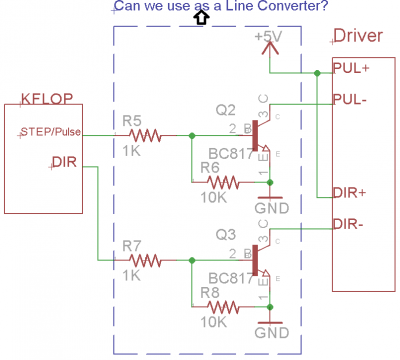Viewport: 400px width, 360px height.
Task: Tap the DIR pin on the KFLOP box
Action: click(x=61, y=160)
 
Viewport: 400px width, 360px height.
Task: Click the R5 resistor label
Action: click(x=131, y=119)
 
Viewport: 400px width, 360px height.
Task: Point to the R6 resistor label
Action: click(x=211, y=167)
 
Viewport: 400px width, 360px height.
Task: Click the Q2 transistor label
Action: click(x=225, y=109)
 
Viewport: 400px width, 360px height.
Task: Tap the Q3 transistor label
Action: click(x=225, y=235)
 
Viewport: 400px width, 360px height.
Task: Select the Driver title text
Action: click(x=357, y=36)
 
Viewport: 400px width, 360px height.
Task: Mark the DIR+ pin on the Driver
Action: click(x=349, y=191)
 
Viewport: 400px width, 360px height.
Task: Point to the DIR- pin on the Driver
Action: click(x=348, y=223)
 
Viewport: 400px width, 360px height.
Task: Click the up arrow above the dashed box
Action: click(x=200, y=17)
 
